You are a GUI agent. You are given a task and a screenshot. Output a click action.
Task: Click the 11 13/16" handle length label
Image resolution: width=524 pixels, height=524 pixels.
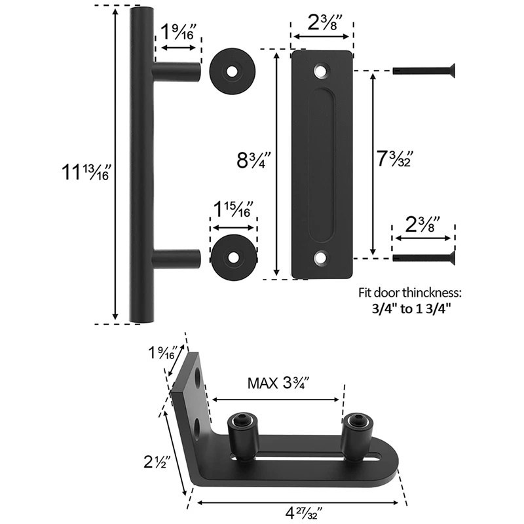(x=86, y=172)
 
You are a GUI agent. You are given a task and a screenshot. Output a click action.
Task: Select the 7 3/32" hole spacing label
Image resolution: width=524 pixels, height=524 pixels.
(x=395, y=159)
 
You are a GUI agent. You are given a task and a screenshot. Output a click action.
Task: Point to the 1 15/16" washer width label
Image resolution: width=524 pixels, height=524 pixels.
(x=233, y=210)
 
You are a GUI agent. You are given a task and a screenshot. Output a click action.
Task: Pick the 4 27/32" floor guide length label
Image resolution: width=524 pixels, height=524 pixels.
(x=303, y=513)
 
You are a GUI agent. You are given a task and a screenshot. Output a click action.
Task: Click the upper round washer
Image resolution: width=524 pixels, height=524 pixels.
(x=233, y=71)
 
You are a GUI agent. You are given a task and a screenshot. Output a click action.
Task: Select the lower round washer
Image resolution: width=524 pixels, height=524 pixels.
(x=234, y=257)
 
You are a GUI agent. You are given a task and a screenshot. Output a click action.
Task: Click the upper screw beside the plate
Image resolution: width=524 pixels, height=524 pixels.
(x=424, y=71)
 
